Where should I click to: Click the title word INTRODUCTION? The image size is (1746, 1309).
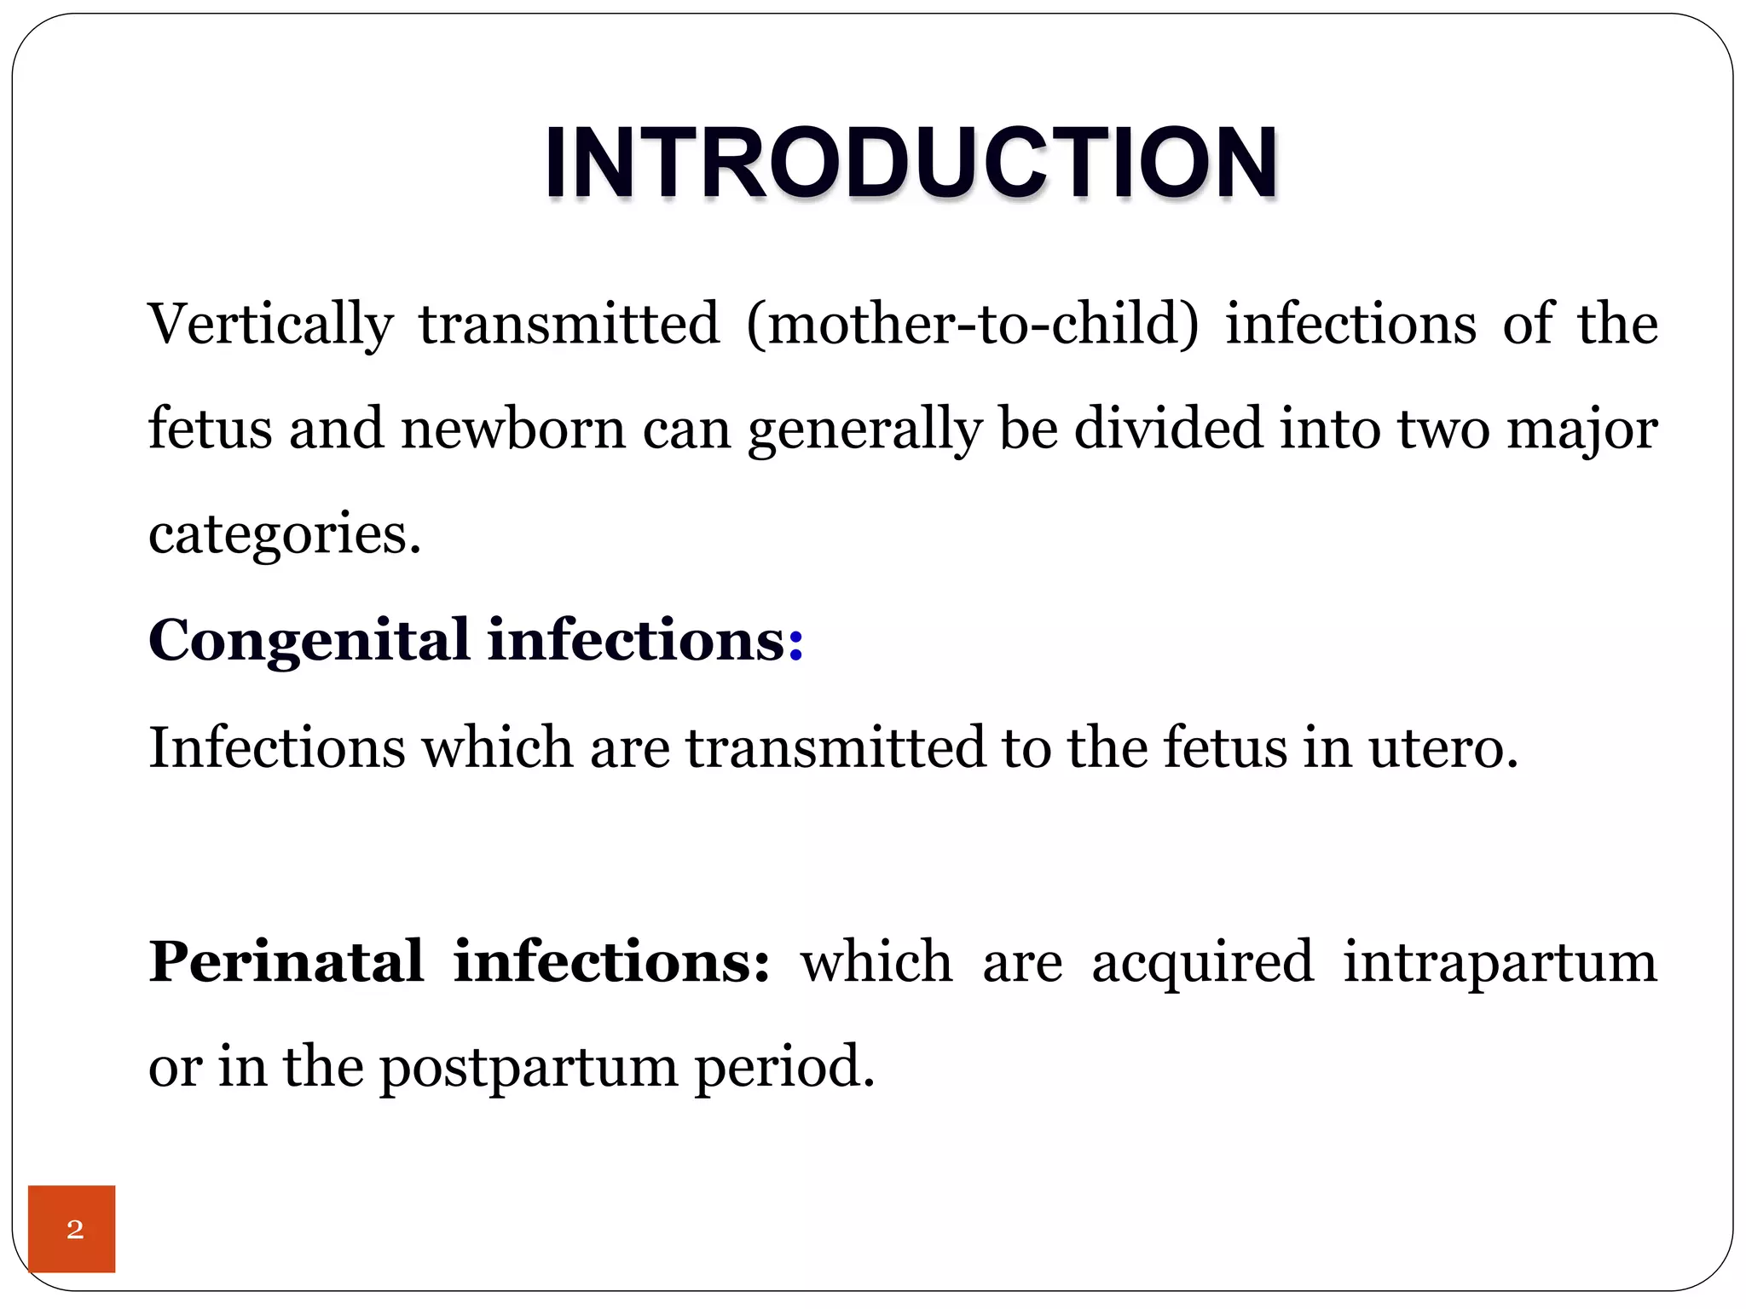click(x=911, y=162)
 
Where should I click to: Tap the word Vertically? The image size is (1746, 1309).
click(x=270, y=325)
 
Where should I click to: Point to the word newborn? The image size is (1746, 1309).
click(x=513, y=429)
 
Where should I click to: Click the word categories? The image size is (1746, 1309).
click(x=284, y=535)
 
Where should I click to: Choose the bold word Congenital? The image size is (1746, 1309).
click(x=309, y=641)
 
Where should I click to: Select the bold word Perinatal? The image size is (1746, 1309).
click(x=286, y=962)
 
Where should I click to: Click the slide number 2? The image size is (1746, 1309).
click(x=75, y=1229)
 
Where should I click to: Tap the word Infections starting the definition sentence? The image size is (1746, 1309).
click(x=276, y=748)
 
